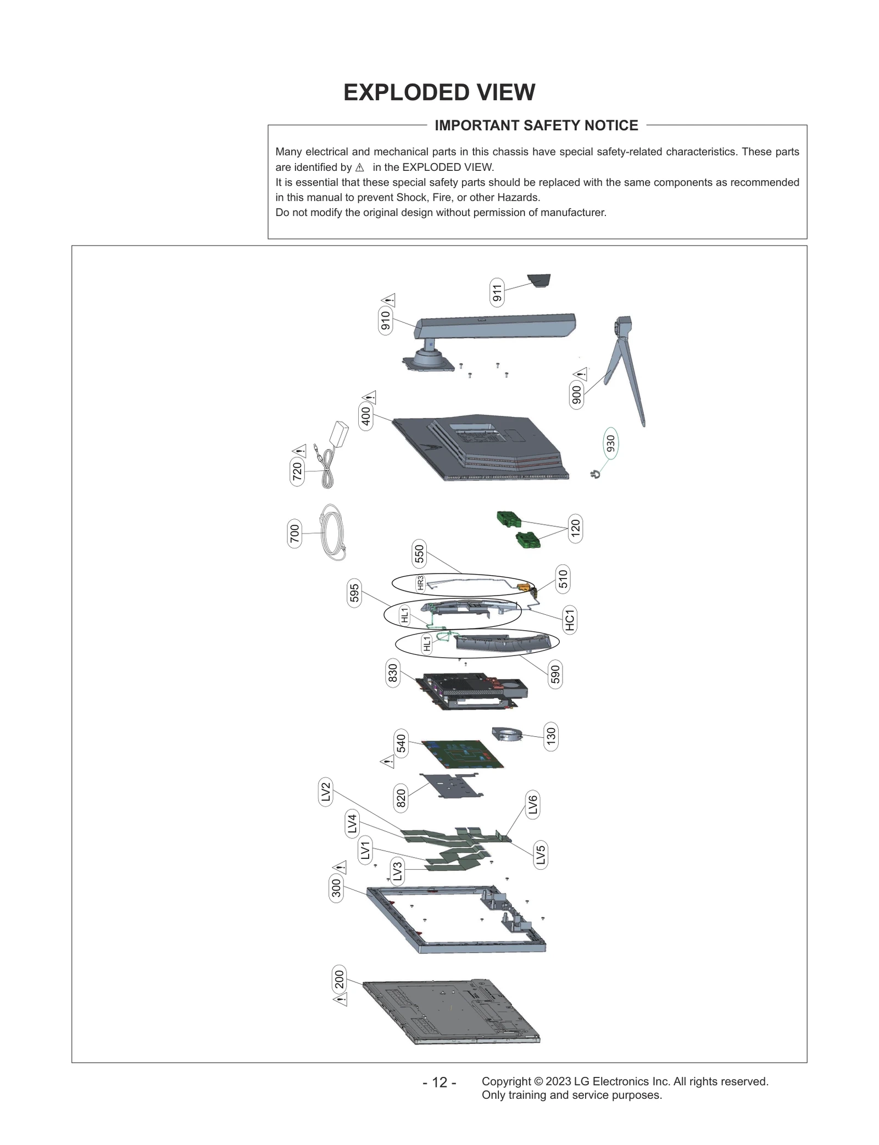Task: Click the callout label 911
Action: point(497,292)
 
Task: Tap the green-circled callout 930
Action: point(610,443)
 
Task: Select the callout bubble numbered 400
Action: point(366,416)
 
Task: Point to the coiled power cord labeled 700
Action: point(332,532)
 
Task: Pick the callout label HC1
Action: point(570,619)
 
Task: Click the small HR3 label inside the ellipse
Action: point(420,583)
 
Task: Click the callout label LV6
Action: point(532,805)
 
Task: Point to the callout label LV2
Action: point(326,792)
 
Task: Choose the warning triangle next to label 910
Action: point(390,301)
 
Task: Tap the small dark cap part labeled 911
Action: point(539,280)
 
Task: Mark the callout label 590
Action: point(555,674)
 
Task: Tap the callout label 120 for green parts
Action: point(575,529)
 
